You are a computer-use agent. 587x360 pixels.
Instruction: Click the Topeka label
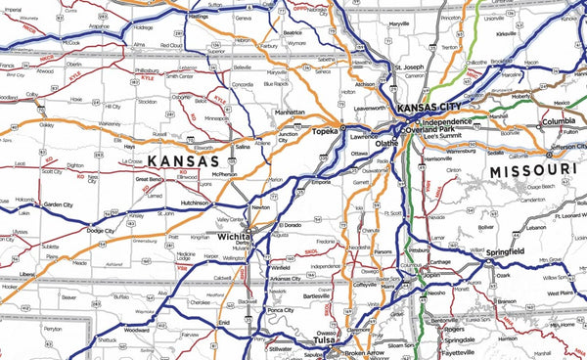[324, 129]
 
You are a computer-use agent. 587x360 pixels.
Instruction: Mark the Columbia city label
[559, 121]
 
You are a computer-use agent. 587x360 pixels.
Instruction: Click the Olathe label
[386, 143]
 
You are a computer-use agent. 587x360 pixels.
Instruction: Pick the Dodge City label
[101, 231]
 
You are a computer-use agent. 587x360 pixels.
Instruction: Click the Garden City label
[59, 204]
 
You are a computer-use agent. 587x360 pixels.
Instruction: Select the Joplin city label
[431, 276]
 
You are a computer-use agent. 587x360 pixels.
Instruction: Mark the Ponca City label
[281, 310]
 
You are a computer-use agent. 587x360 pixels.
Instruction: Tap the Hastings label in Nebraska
[200, 17]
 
